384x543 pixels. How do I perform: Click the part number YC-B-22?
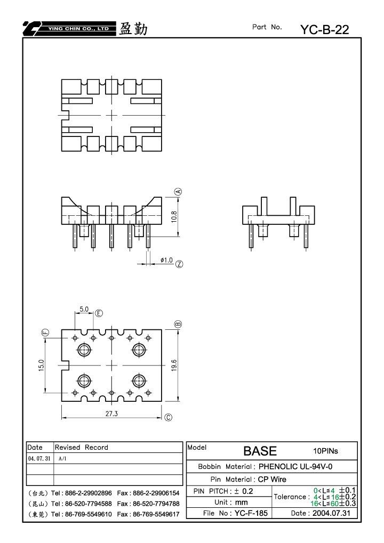[x=324, y=30]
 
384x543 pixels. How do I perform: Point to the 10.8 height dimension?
[x=174, y=216]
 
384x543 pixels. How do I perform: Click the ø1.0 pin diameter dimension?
[x=167, y=260]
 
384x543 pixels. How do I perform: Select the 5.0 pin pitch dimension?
[x=84, y=309]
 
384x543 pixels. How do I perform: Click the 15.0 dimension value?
[x=42, y=366]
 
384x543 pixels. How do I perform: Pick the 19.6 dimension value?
[x=174, y=366]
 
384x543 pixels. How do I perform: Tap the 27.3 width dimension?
[x=111, y=414]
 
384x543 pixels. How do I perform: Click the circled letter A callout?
[x=179, y=191]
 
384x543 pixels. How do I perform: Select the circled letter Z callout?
[x=179, y=264]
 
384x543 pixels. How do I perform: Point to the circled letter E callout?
[x=99, y=313]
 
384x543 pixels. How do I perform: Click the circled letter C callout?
[x=168, y=417]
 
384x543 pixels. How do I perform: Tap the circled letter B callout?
[x=178, y=324]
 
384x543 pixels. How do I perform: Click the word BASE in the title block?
[x=260, y=451]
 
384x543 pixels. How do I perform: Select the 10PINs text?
[x=325, y=451]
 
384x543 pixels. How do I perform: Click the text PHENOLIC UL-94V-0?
[x=295, y=466]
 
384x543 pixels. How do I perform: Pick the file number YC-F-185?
[x=251, y=513]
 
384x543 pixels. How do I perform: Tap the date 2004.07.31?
[x=331, y=513]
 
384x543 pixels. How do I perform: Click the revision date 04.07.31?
[x=39, y=458]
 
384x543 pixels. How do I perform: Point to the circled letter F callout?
[x=45, y=333]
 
